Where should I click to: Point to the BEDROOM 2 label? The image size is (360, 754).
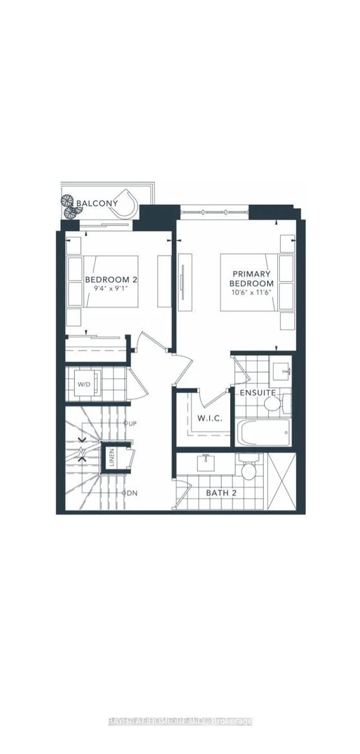coord(111,279)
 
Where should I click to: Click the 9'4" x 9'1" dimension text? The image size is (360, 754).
coord(111,291)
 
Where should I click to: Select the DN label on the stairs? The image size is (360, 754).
coord(130,493)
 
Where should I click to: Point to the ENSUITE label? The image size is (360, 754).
coord(258,392)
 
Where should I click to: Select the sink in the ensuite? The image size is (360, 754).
coord(281,370)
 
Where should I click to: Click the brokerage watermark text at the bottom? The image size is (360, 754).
coord(180,721)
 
